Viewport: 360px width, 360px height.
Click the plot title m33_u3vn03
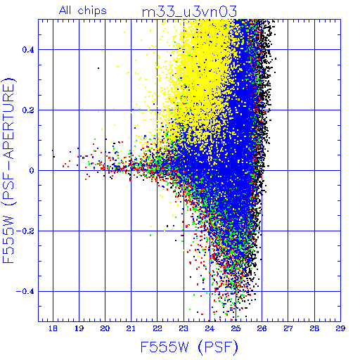[189, 12]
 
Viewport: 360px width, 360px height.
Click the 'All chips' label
[83, 11]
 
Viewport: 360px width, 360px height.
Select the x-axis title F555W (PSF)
[189, 347]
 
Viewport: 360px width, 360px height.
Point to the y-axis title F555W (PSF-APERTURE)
[8, 170]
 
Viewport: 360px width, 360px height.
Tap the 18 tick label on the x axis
[53, 328]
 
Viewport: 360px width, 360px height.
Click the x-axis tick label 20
[105, 328]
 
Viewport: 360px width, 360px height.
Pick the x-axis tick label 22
[157, 328]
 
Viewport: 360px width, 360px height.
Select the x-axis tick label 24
[210, 328]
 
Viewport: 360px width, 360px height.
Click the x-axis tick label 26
[262, 328]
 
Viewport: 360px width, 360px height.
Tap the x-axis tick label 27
[288, 328]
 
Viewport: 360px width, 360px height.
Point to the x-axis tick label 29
[340, 328]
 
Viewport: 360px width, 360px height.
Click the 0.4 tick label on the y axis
[28, 50]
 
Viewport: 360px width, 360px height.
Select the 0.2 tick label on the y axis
[28, 110]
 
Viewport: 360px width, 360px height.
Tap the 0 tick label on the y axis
[32, 171]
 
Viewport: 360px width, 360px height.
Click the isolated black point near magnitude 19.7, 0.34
[98, 68]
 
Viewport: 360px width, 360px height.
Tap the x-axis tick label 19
[79, 328]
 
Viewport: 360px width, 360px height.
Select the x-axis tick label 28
[314, 328]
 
